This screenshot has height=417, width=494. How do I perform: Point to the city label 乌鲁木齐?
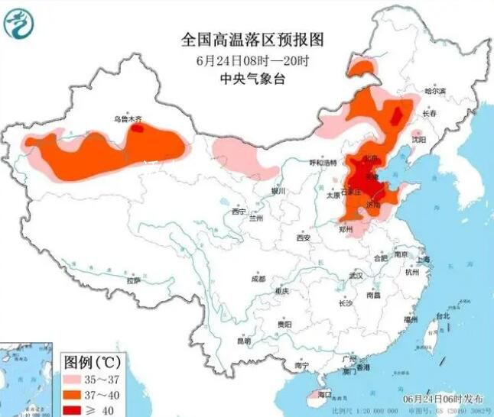[x=128, y=119]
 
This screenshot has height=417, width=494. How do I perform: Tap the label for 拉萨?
[x=135, y=281]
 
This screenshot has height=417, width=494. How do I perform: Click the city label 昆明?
[x=244, y=341]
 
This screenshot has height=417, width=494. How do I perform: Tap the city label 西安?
[x=303, y=238]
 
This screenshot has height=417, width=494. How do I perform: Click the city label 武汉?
[x=355, y=275]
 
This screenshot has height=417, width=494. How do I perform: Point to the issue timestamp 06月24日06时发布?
[x=444, y=399]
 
